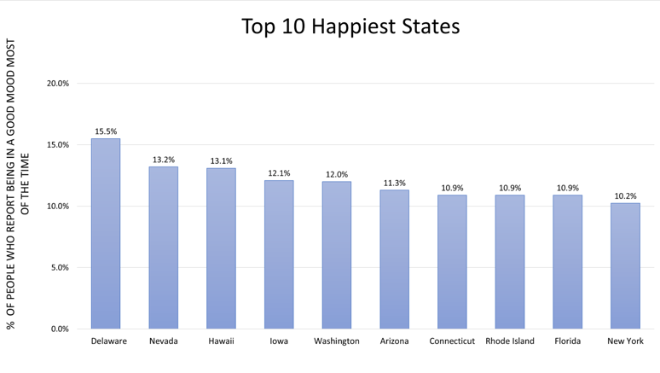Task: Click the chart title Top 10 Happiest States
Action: pyautogui.click(x=350, y=26)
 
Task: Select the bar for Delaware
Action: pyautogui.click(x=106, y=234)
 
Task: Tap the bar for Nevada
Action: pyautogui.click(x=164, y=248)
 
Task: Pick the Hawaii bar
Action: pyautogui.click(x=221, y=248)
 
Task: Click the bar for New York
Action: pyautogui.click(x=625, y=265)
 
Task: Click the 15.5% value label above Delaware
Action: pyautogui.click(x=106, y=131)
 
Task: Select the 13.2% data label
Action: pyautogui.click(x=164, y=160)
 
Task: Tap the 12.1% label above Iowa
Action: pyautogui.click(x=279, y=173)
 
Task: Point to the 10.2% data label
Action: pyautogui.click(x=625, y=196)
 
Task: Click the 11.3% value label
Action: pyautogui.click(x=394, y=183)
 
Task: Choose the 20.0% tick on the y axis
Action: pyautogui.click(x=58, y=84)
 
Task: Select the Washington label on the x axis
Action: pyautogui.click(x=337, y=341)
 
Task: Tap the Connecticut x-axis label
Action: pyautogui.click(x=452, y=341)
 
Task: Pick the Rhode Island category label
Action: pyautogui.click(x=510, y=341)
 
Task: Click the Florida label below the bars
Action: pyautogui.click(x=567, y=341)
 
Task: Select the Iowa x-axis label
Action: pyautogui.click(x=279, y=341)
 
